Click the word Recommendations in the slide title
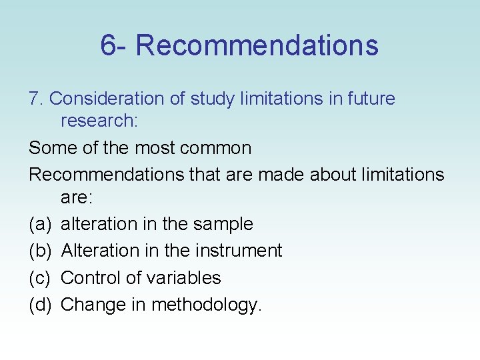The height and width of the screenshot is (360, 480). [x=257, y=45]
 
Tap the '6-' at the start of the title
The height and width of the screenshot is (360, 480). [x=115, y=45]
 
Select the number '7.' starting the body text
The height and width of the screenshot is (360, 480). [x=36, y=99]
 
